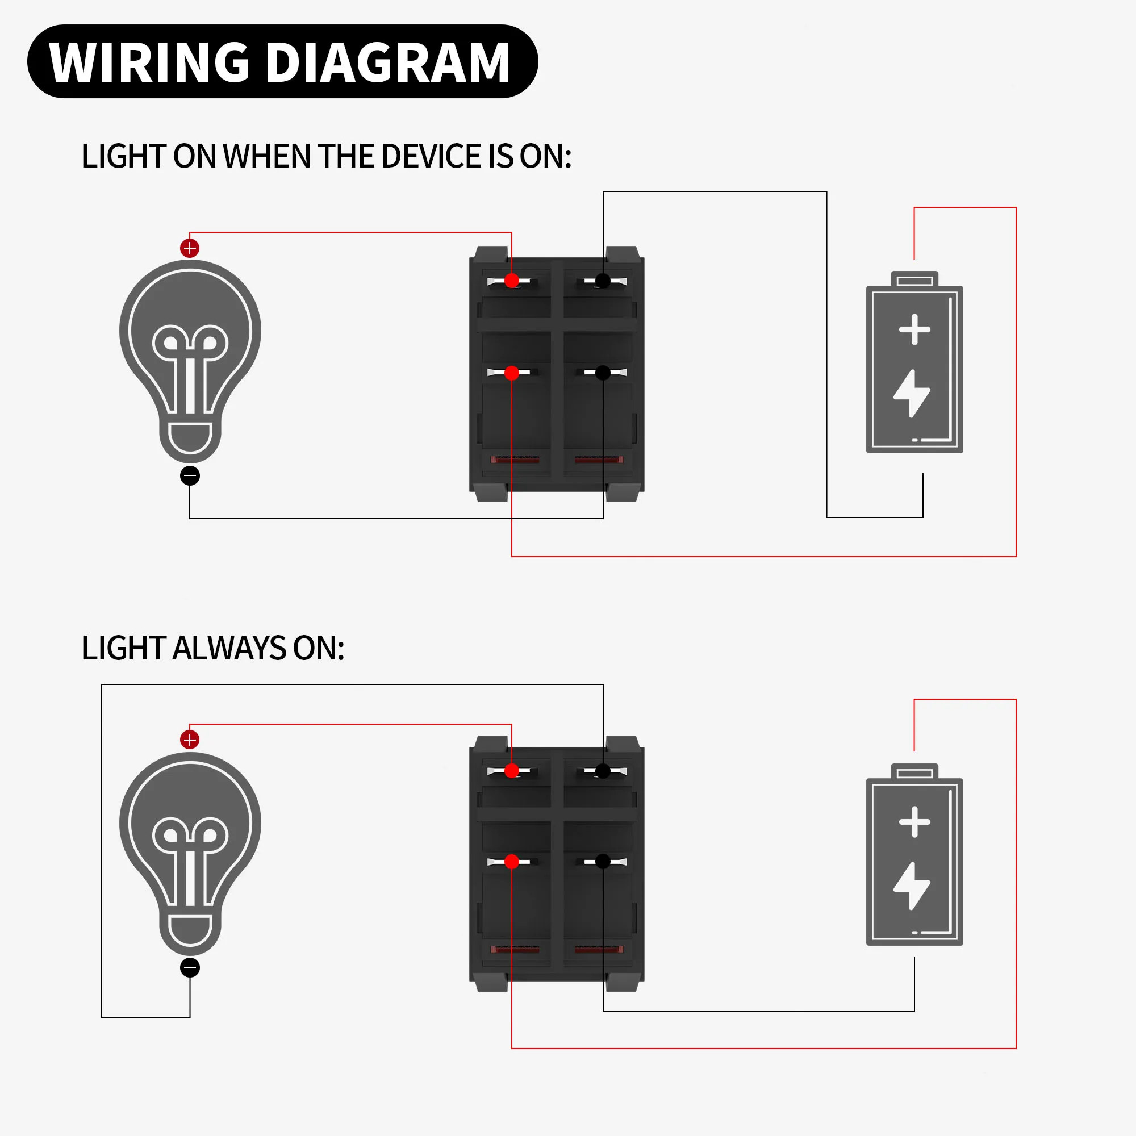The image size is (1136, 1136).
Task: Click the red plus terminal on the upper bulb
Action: [x=189, y=248]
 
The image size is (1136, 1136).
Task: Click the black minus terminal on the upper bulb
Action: [x=190, y=475]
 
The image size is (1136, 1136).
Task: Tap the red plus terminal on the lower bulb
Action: [x=189, y=740]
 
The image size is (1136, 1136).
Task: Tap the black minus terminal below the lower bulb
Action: [x=190, y=968]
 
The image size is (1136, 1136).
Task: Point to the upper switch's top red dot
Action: [x=512, y=281]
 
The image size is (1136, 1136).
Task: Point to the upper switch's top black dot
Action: [x=603, y=281]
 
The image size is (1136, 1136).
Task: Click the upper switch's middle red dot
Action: [x=512, y=373]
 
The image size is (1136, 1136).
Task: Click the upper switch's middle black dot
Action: [x=603, y=373]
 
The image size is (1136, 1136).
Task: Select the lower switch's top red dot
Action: [x=512, y=771]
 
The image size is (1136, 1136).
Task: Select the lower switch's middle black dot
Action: [x=603, y=862]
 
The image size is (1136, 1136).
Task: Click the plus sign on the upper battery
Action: [x=914, y=329]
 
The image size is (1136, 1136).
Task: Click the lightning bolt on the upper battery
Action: [x=912, y=394]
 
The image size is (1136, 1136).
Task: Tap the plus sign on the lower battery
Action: [x=914, y=821]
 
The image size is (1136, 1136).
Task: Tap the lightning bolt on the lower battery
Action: [x=912, y=886]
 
